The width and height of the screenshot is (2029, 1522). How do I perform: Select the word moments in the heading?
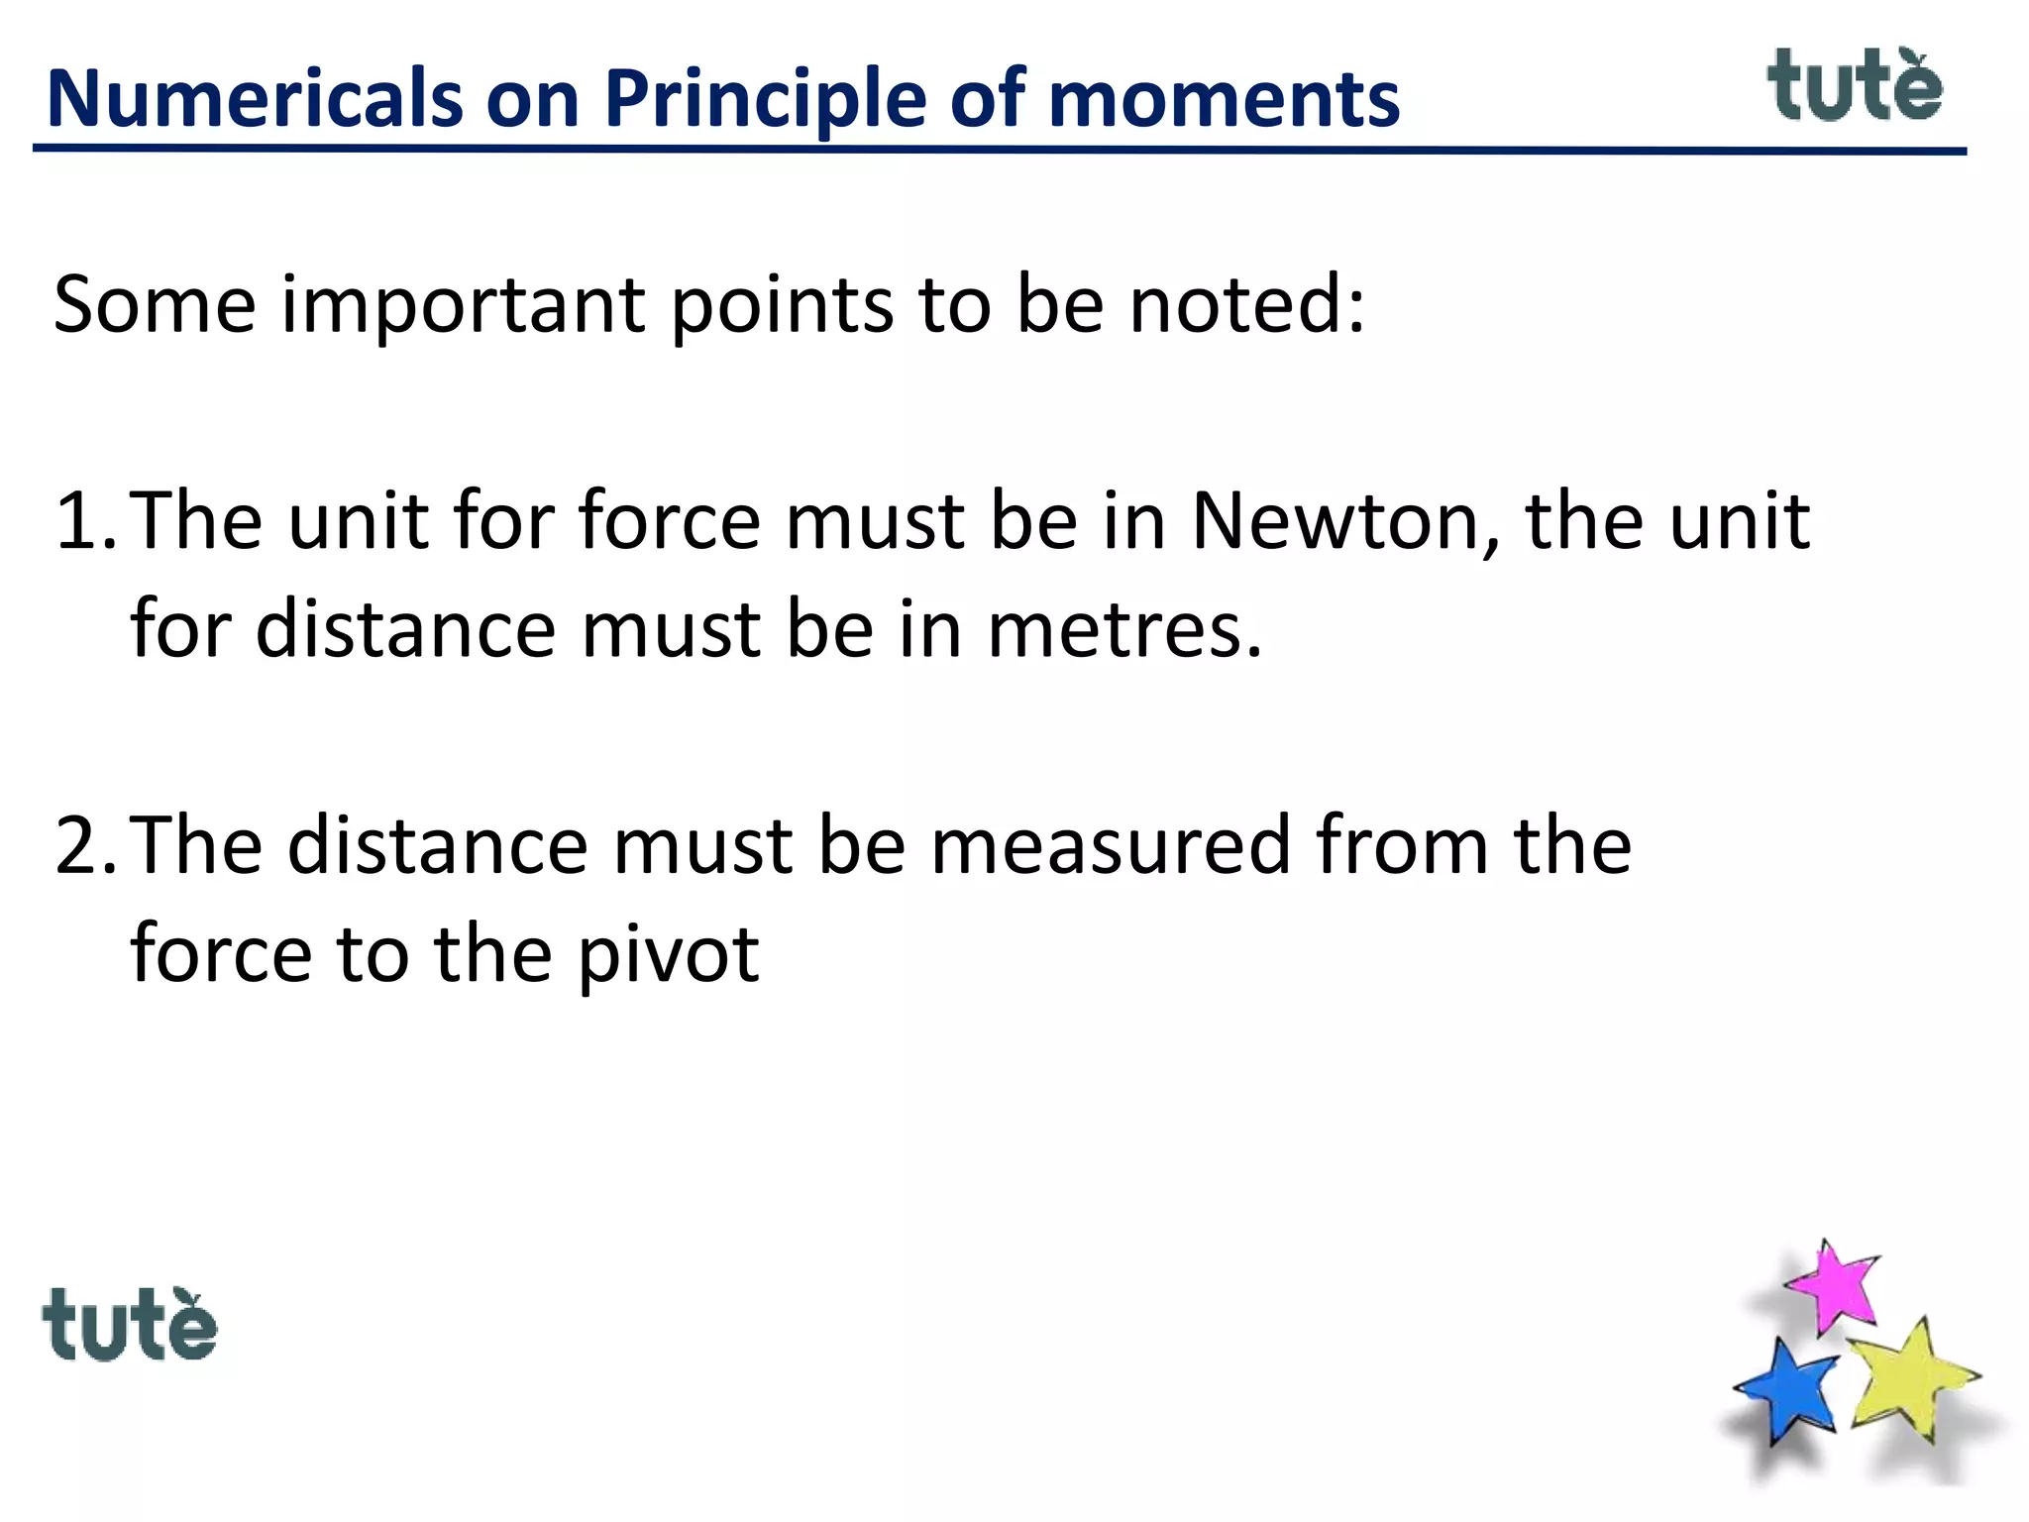pos(1224,99)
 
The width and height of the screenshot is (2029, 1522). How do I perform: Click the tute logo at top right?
pos(1854,87)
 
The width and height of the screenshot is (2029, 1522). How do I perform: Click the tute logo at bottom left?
pos(129,1326)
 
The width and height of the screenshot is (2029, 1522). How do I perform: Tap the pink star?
pos(1835,1286)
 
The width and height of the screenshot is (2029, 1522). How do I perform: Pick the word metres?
pos(1124,629)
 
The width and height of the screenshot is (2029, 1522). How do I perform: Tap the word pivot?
pos(668,954)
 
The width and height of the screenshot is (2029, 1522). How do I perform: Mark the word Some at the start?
pos(155,305)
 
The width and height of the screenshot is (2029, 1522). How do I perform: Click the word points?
pos(783,305)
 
